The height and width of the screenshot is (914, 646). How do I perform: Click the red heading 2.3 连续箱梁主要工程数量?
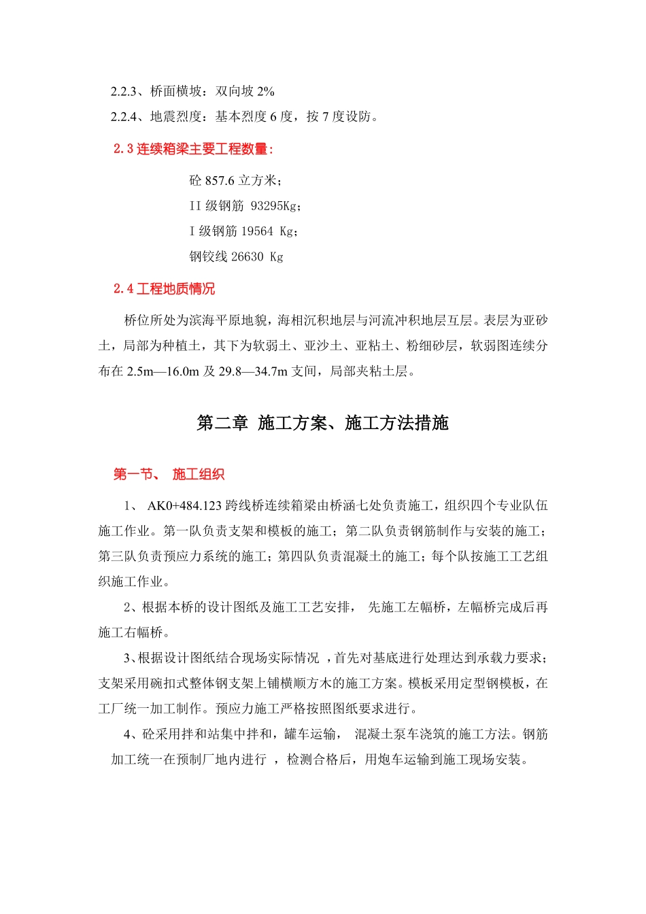[193, 149]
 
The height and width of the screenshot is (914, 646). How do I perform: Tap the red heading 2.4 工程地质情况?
[164, 289]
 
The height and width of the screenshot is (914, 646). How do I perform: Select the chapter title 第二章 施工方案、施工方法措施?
[322, 423]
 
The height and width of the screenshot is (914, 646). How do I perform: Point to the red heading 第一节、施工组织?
[169, 474]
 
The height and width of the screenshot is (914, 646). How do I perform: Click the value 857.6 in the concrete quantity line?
[220, 181]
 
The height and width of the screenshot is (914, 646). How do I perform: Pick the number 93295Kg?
[274, 206]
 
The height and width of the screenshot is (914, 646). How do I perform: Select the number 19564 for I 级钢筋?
[257, 231]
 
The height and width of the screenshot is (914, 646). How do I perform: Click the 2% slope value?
[266, 91]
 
